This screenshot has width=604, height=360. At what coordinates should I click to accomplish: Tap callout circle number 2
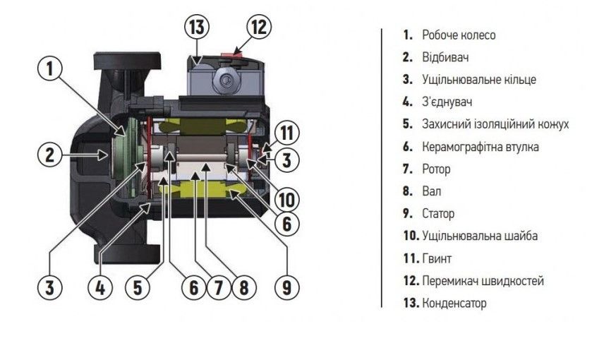(50, 155)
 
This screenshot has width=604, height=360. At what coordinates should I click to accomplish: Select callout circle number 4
(99, 286)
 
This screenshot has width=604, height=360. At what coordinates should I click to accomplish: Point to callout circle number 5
(137, 286)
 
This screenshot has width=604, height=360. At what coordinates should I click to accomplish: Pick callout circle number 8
(243, 286)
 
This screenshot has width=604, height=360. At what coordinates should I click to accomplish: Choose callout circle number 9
(285, 286)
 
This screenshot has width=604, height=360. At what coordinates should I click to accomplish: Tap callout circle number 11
(286, 132)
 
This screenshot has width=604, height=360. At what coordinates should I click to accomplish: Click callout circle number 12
(259, 28)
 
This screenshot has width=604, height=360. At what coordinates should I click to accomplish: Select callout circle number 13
(198, 28)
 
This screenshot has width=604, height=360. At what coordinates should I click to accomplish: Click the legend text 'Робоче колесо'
(459, 35)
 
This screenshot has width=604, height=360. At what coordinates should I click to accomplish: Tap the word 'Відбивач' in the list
(445, 57)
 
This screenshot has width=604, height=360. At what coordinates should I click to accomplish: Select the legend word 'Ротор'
(436, 169)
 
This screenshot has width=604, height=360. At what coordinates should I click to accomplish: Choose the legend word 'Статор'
(438, 213)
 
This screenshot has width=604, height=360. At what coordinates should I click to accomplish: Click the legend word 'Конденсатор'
(454, 304)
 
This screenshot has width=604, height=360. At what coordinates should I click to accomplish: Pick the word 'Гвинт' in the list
(437, 258)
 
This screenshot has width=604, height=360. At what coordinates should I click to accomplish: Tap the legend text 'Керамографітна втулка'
(481, 147)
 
